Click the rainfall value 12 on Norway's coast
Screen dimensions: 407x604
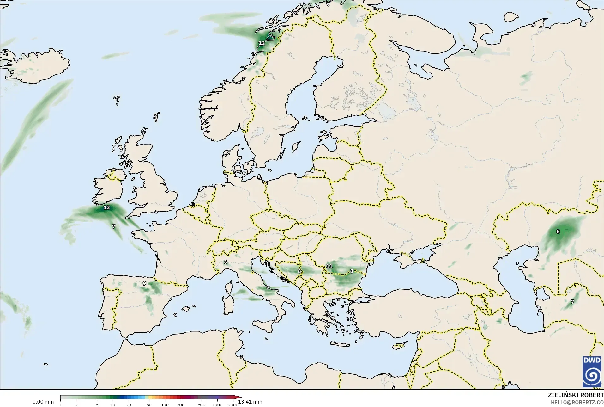(x=262, y=43)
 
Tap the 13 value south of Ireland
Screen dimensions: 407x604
(x=107, y=207)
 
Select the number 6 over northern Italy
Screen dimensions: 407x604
(x=226, y=262)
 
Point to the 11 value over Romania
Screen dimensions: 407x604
(x=329, y=266)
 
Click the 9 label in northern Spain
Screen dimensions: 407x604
(x=144, y=283)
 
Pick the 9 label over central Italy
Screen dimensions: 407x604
(x=268, y=287)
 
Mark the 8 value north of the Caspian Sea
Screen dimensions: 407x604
(x=558, y=231)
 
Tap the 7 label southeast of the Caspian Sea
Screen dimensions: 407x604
(x=572, y=302)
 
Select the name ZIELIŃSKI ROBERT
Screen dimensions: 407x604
(x=576, y=396)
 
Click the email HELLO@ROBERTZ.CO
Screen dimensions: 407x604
(x=577, y=403)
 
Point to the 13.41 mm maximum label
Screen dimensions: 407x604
(x=250, y=402)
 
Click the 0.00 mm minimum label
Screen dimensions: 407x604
(x=43, y=402)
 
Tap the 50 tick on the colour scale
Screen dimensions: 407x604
(x=149, y=405)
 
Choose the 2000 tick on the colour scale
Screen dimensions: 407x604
(x=233, y=405)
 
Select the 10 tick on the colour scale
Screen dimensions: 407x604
(x=113, y=405)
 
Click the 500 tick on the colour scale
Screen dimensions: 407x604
(x=202, y=405)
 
